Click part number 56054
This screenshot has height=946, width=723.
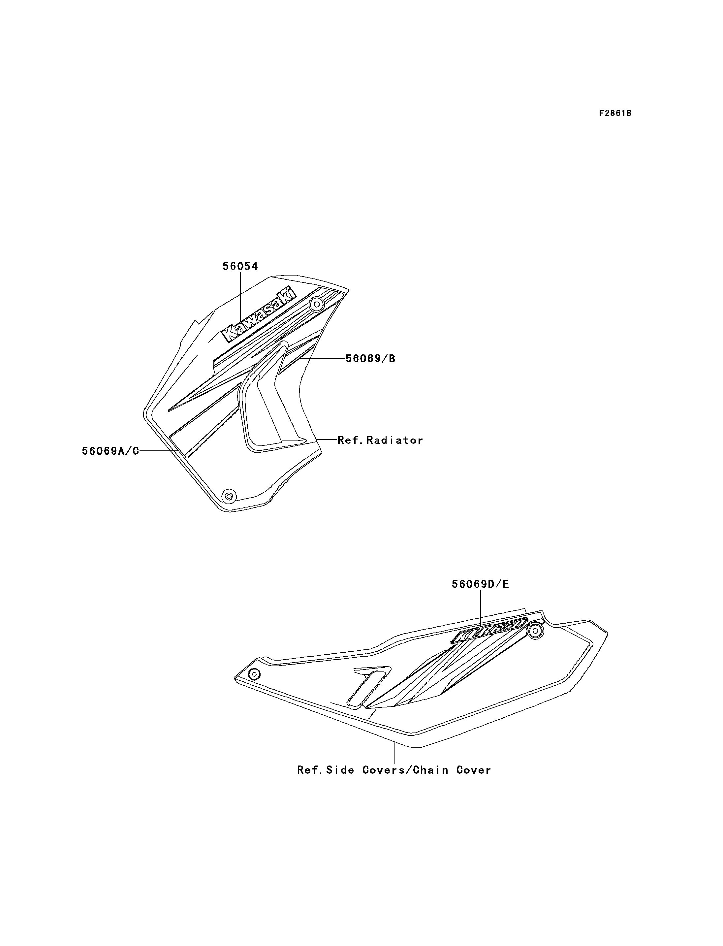coord(240,267)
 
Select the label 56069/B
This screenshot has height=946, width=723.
coord(370,359)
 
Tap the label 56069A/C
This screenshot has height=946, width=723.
coord(110,451)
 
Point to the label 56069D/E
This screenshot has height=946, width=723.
coord(480,584)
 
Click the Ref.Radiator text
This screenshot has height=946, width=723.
coord(380,440)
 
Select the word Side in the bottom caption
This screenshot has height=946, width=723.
coord(340,770)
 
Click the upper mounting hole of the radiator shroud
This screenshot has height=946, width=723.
coord(317,305)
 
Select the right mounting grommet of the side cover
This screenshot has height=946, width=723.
coord(535,631)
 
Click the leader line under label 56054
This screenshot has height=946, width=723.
coord(240,297)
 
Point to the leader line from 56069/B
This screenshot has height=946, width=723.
coord(323,358)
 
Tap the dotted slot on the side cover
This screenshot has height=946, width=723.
coord(366,689)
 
